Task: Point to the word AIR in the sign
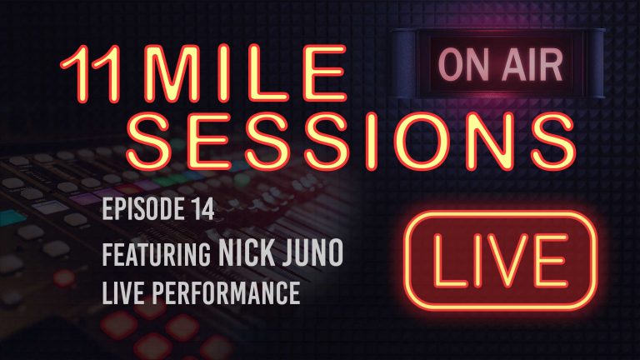coord(523,65)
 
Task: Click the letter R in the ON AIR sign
coord(547,65)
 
